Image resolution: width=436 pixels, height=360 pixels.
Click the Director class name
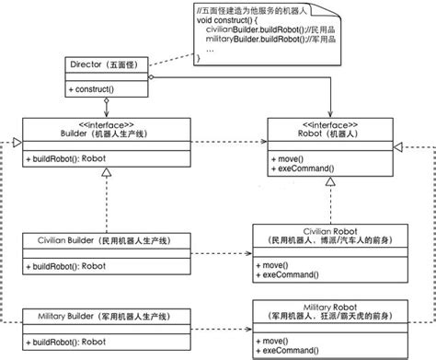point(106,65)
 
